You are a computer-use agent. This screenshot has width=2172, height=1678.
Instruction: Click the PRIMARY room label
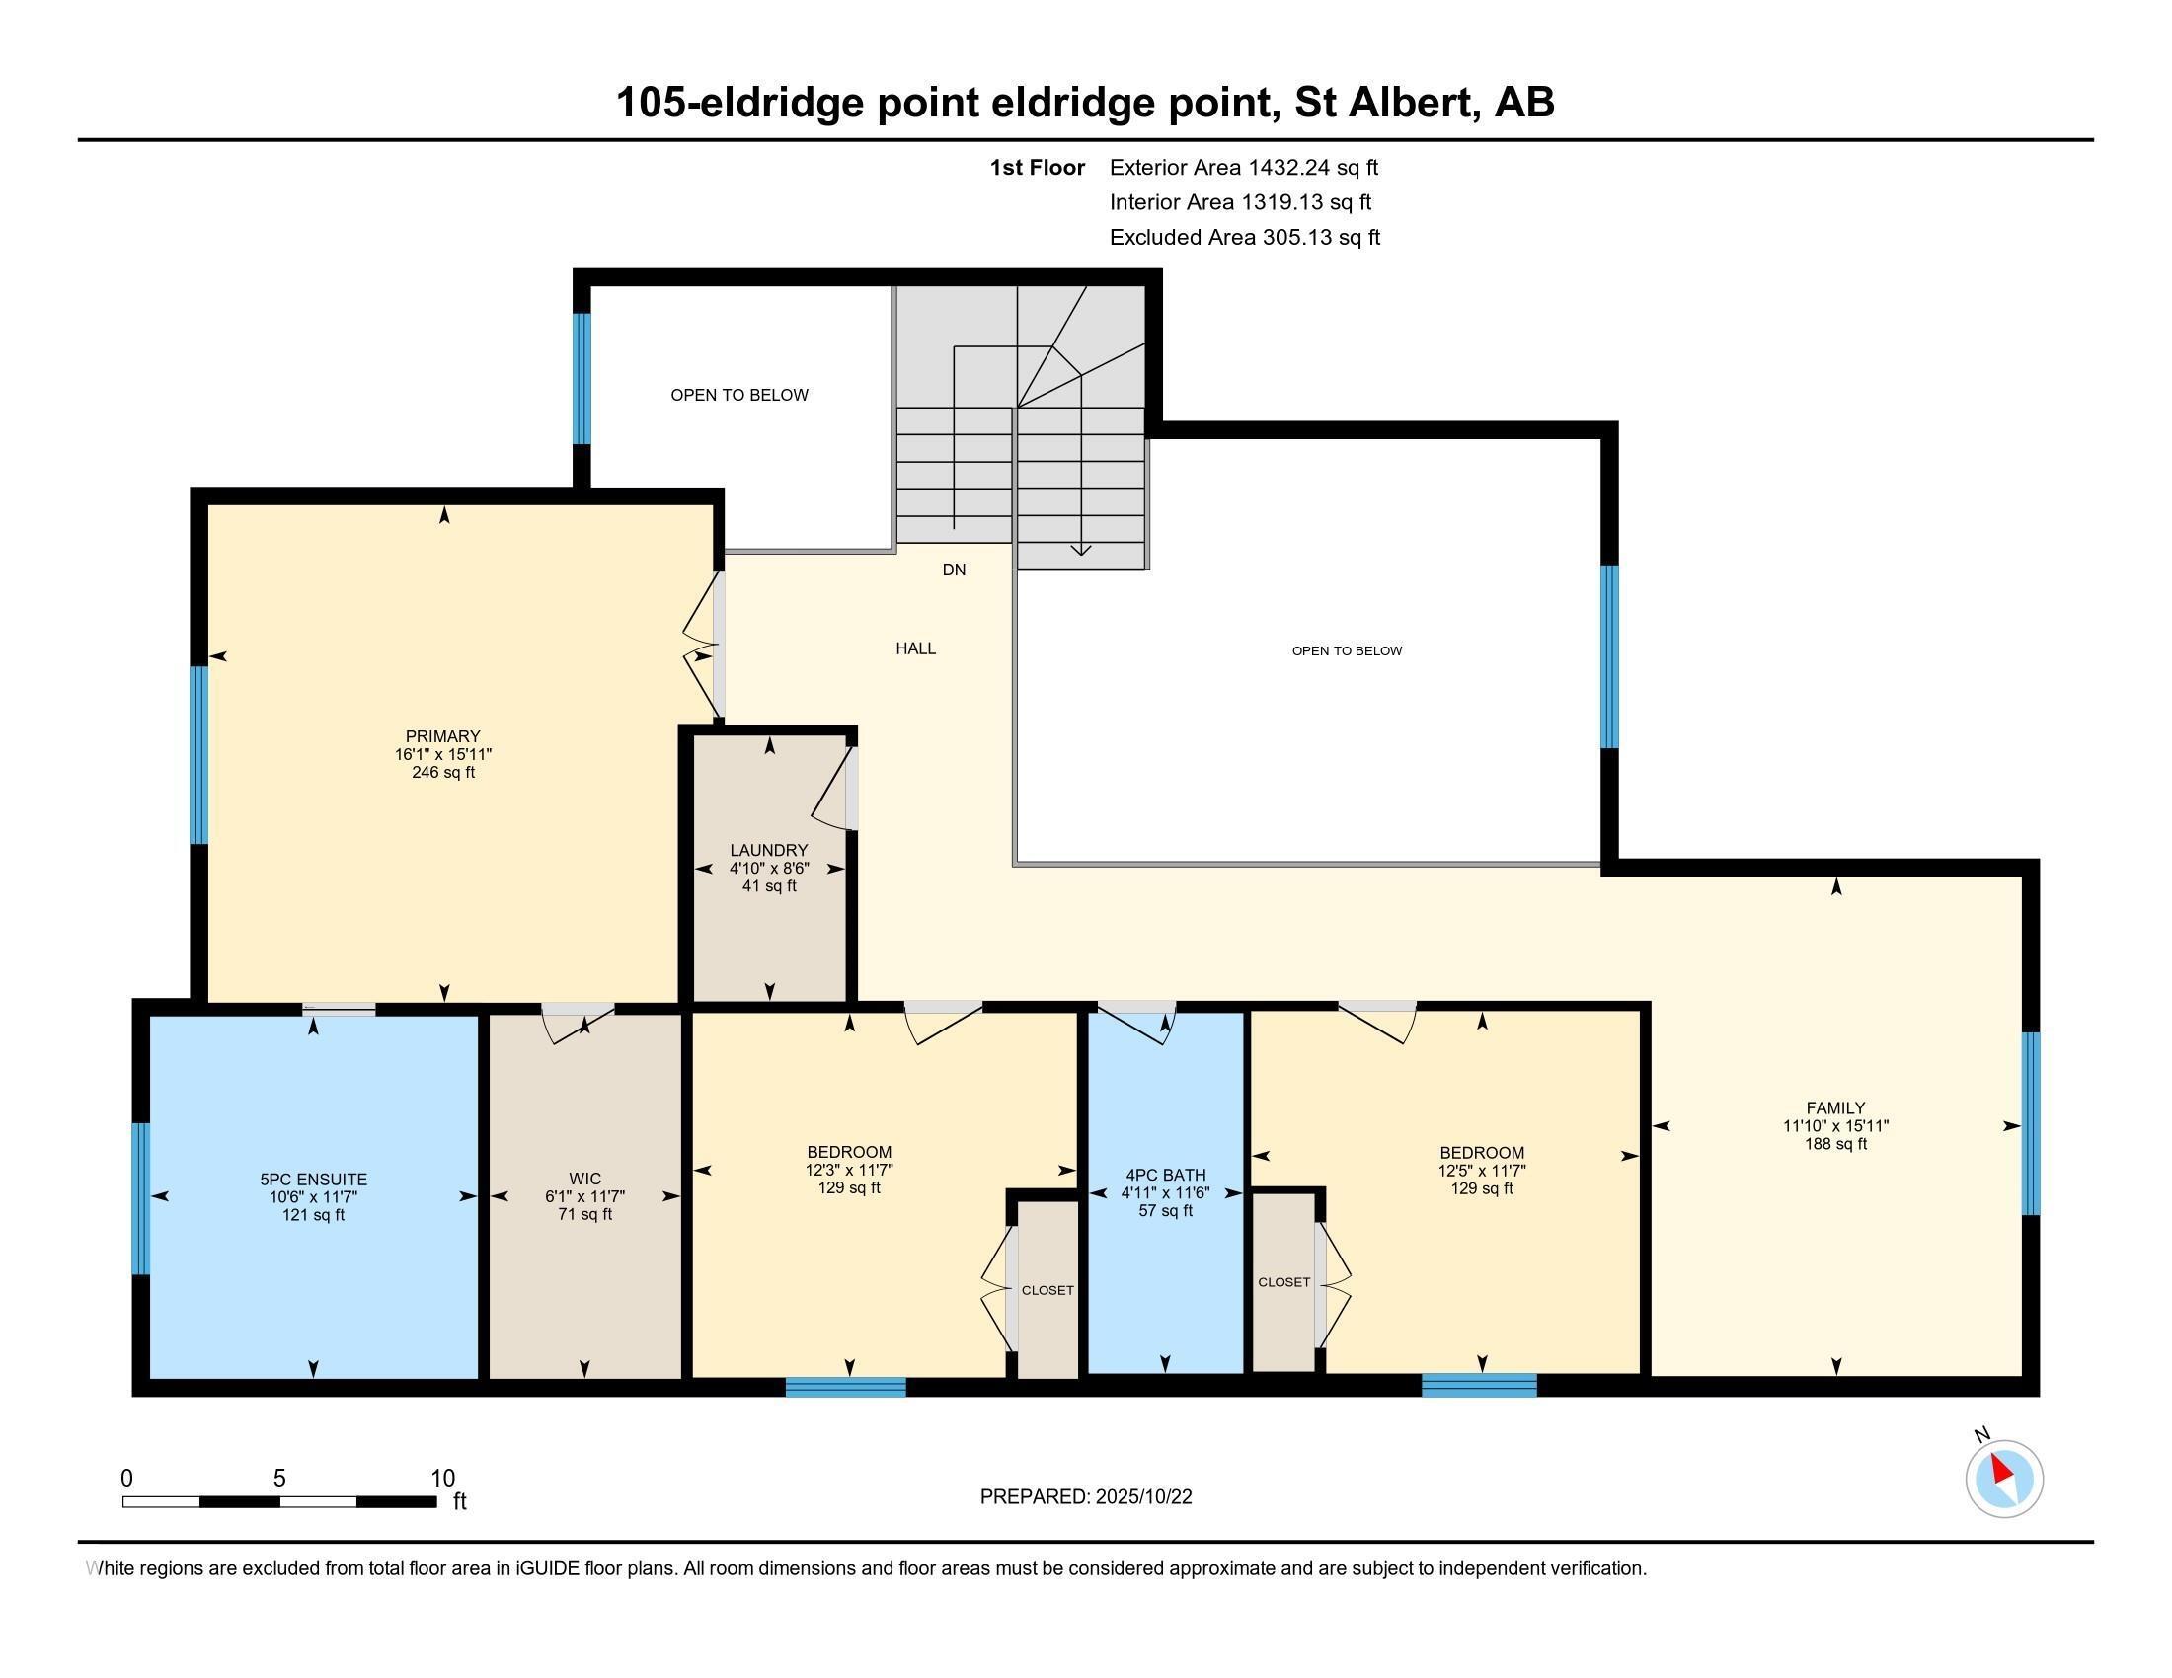tap(442, 736)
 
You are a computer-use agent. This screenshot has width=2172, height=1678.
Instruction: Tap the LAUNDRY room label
tap(769, 851)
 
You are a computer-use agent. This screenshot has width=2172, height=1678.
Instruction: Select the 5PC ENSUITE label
tap(313, 1180)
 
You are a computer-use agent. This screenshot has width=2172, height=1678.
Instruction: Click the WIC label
tap(584, 1180)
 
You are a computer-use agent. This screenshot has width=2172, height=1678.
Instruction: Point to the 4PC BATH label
tap(1165, 1175)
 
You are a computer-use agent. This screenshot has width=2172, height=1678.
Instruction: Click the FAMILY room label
tap(1835, 1108)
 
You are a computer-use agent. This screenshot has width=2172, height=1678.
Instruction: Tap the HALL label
tap(915, 649)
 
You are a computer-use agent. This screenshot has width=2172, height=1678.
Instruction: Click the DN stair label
tap(954, 571)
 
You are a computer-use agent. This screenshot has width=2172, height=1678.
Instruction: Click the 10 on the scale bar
tap(441, 1479)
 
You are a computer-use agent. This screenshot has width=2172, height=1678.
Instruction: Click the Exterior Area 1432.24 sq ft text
tap(1243, 168)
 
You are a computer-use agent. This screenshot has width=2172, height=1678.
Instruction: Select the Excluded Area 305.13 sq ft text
tap(1244, 238)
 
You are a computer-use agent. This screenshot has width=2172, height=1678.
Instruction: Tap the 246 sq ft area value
tap(442, 773)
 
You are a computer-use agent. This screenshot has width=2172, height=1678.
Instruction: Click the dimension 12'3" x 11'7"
tap(848, 1171)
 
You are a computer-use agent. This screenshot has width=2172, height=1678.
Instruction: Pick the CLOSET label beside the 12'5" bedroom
tap(1282, 1282)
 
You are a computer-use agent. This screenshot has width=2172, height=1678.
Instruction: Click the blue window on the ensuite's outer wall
tap(141, 1198)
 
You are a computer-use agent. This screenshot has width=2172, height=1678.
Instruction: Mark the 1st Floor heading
tap(1037, 168)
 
